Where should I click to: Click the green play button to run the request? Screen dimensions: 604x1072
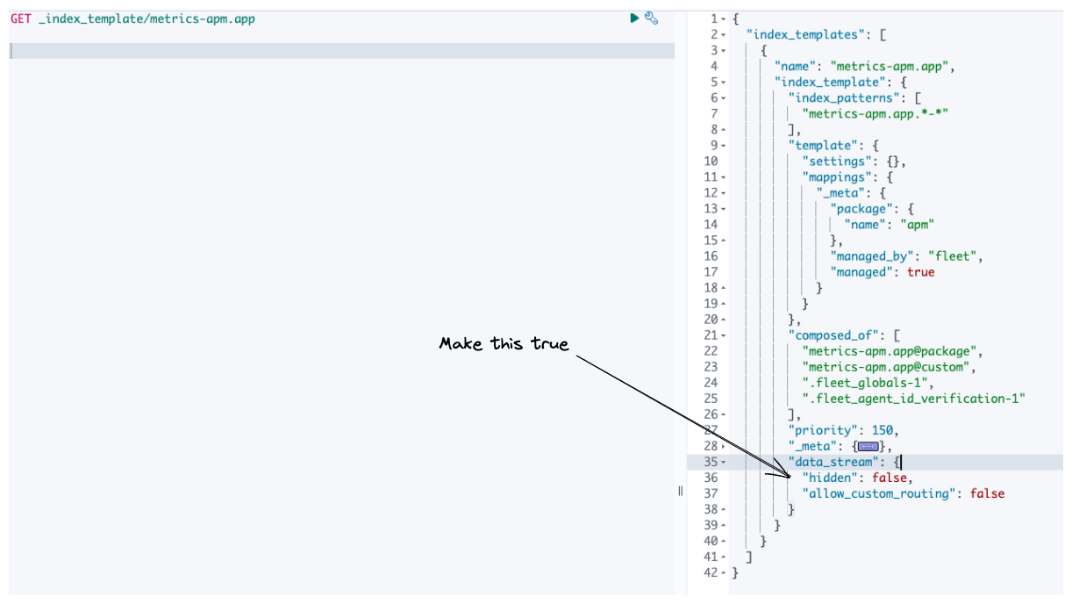click(634, 18)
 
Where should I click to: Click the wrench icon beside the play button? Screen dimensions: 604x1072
click(651, 18)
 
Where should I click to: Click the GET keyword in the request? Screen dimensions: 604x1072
click(20, 18)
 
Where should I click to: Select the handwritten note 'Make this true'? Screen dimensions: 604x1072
click(504, 343)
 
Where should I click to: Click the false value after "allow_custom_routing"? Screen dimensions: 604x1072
click(987, 493)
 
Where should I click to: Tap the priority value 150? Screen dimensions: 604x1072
click(884, 430)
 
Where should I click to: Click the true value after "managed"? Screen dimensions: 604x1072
click(920, 272)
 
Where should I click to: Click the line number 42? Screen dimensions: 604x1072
click(710, 572)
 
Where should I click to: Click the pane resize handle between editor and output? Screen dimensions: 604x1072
click(680, 492)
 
